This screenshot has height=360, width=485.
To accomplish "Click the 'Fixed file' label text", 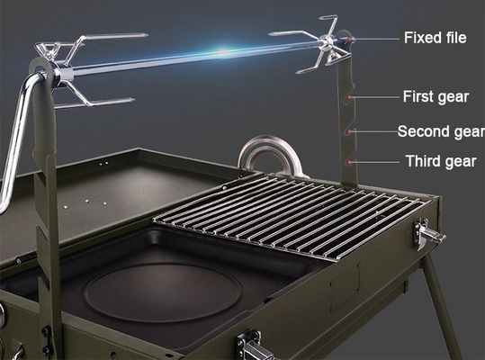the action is click(x=436, y=38).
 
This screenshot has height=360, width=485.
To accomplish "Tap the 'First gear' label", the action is click(x=436, y=97).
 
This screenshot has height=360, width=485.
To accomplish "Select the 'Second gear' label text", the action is click(x=441, y=131).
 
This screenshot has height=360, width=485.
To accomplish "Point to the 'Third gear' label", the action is click(x=441, y=161).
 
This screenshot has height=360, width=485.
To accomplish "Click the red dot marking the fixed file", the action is click(x=350, y=39).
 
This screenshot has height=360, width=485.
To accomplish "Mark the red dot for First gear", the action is click(x=350, y=97).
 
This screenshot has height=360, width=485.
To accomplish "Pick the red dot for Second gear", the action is click(x=350, y=131).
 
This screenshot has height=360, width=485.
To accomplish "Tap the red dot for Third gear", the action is click(x=350, y=162).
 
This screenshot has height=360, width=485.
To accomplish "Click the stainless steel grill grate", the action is click(x=288, y=217).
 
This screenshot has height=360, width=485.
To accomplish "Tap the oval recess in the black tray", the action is click(x=164, y=292).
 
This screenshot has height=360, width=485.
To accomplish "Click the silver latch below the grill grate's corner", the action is click(x=428, y=235).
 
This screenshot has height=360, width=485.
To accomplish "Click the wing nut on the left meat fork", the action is click(x=48, y=49).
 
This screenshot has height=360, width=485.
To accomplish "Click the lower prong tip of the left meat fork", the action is click(x=133, y=100).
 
